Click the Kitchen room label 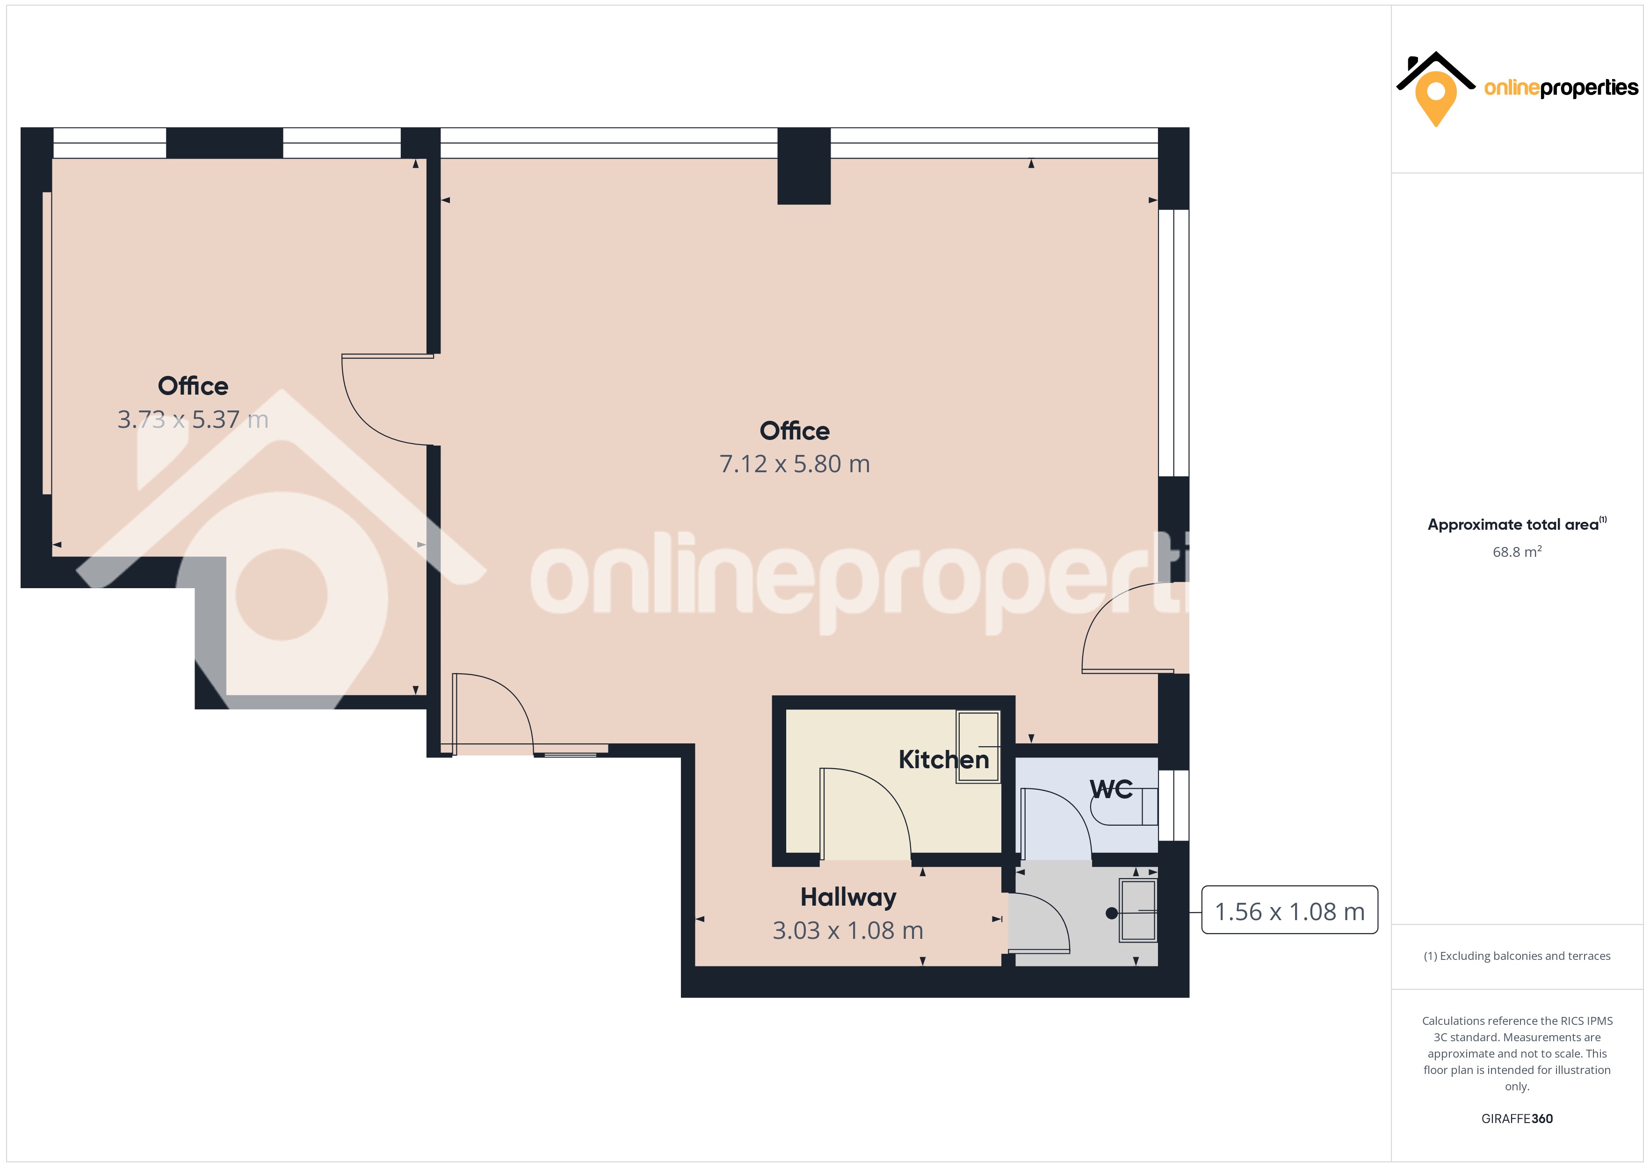(944, 760)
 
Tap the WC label (1111, 789)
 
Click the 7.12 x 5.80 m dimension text (795, 464)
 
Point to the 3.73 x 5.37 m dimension (193, 420)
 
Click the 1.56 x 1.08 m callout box (1289, 910)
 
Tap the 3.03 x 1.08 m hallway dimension (848, 930)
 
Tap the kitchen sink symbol (978, 747)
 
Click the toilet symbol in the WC (1124, 806)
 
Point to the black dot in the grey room (1111, 913)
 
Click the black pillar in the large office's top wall (804, 166)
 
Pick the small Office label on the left (193, 386)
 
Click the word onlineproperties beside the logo (1561, 88)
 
